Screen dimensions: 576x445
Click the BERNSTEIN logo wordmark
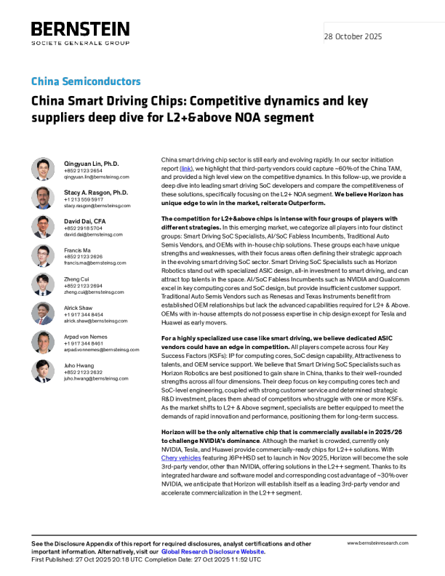(79, 30)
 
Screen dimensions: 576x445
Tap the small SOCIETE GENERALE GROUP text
(79, 43)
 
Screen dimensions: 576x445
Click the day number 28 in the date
(329, 37)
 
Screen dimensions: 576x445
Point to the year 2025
(374, 37)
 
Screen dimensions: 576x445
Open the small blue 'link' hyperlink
(186, 169)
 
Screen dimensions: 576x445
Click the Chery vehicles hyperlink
(181, 458)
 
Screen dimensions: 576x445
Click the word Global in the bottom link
(169, 552)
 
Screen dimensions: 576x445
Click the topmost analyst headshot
(43, 169)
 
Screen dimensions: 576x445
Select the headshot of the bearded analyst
(43, 198)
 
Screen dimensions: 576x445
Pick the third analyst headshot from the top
(43, 227)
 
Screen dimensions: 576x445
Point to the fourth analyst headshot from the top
(43, 256)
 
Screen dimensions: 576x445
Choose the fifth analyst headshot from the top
(43, 284)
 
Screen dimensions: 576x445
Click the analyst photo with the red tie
(43, 313)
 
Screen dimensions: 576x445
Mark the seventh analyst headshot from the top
(43, 343)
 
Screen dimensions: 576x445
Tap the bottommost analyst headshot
(43, 371)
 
